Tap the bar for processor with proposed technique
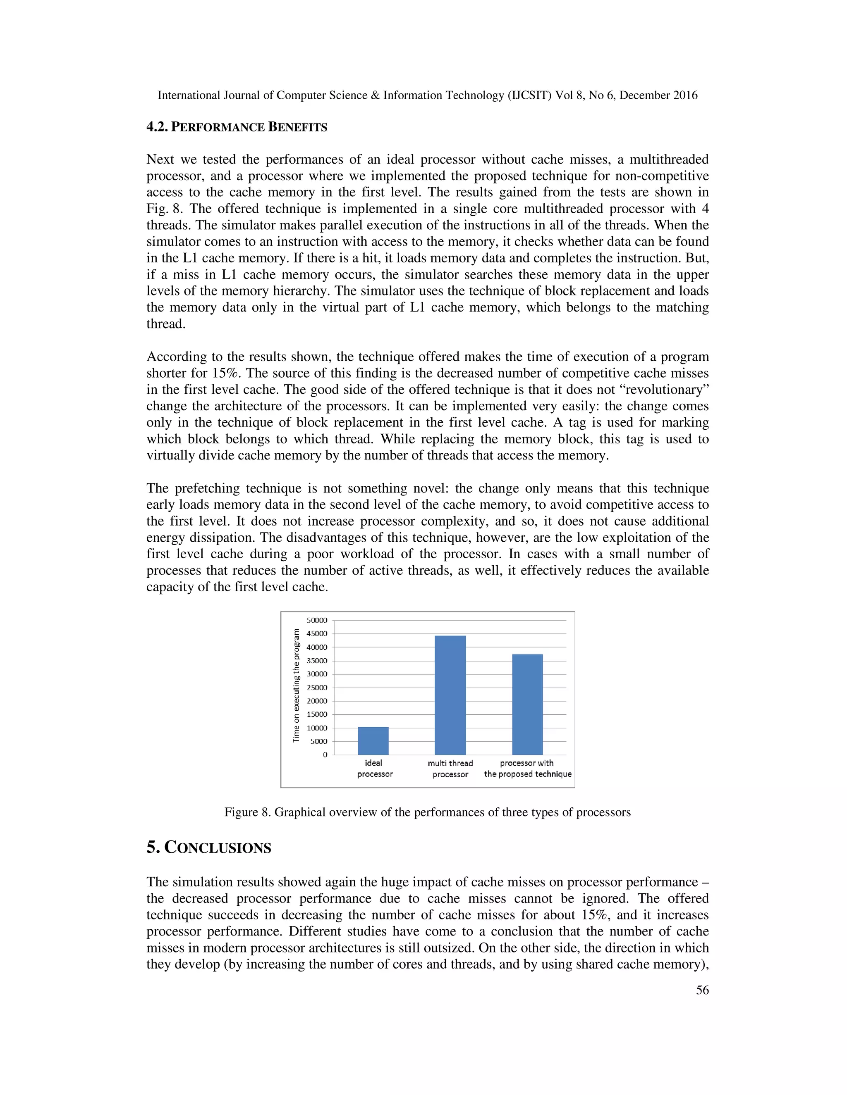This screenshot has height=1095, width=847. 527,704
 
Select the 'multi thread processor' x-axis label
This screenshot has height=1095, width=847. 450,769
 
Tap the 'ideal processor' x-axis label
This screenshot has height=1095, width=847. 374,769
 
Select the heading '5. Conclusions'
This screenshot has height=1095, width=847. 208,848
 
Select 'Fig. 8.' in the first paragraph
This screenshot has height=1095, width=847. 165,209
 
